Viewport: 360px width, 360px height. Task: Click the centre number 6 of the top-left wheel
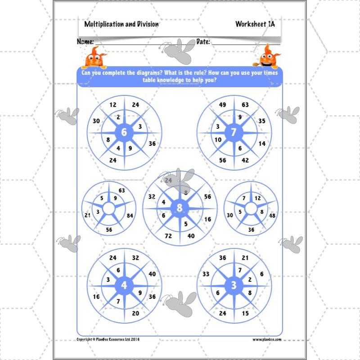pyautogui.click(x=125, y=132)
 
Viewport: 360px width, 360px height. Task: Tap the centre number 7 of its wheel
pyautogui.click(x=233, y=132)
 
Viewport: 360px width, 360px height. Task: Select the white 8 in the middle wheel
pyautogui.click(x=180, y=207)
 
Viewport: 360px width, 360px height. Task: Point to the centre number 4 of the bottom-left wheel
pyautogui.click(x=124, y=286)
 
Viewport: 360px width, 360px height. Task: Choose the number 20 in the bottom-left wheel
pyautogui.click(x=135, y=314)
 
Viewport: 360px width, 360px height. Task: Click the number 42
pyautogui.click(x=245, y=160)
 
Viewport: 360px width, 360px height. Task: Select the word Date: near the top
pyautogui.click(x=203, y=42)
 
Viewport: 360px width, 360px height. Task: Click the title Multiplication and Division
pyautogui.click(x=121, y=24)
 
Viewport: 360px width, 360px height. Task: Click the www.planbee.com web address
pyautogui.click(x=266, y=340)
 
